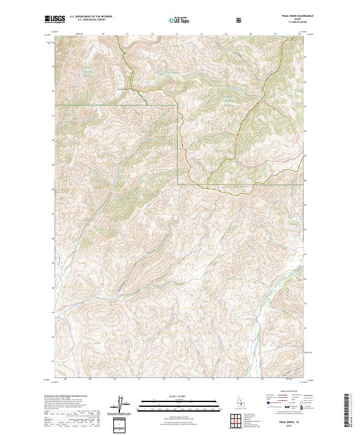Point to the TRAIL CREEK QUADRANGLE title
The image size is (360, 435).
289,17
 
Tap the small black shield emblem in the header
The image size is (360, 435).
240,20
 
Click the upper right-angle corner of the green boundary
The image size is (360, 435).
178,104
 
